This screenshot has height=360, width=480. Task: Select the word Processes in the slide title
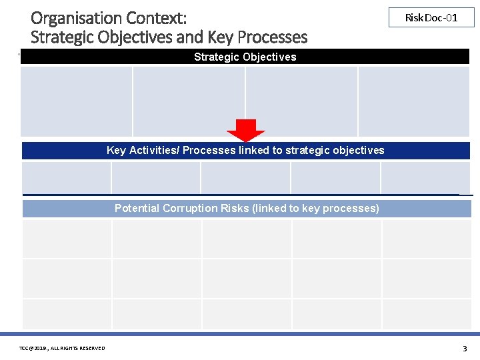[271, 37]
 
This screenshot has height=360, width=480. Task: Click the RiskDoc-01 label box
[431, 17]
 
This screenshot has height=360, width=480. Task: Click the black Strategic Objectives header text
[245, 57]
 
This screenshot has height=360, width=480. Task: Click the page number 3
[465, 348]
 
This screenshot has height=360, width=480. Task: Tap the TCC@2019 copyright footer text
[62, 348]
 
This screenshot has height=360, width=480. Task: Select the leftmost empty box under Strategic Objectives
[77, 101]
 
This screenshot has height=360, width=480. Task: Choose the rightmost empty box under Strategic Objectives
[414, 101]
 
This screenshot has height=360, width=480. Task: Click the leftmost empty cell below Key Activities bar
[66, 178]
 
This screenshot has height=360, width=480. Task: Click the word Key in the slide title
[226, 37]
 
